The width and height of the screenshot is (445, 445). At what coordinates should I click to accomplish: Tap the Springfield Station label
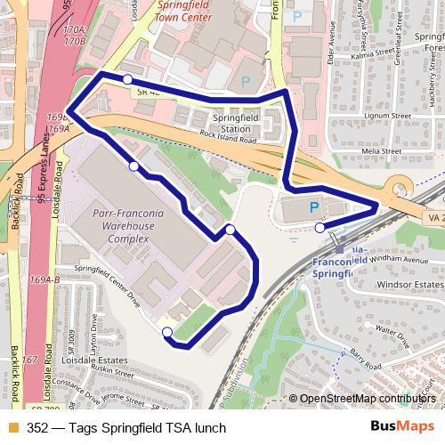239,122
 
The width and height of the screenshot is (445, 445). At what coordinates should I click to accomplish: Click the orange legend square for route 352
12,428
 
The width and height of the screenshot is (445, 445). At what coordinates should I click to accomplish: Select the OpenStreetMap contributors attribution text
368,399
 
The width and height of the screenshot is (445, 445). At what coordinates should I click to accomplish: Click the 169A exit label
59,129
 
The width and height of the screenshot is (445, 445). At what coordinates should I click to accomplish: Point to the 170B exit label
74,41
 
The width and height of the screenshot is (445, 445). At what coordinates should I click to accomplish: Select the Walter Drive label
391,328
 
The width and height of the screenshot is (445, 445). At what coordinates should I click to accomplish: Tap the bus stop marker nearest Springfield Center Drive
166,333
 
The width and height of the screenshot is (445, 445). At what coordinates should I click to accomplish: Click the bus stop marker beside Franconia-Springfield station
320,228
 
